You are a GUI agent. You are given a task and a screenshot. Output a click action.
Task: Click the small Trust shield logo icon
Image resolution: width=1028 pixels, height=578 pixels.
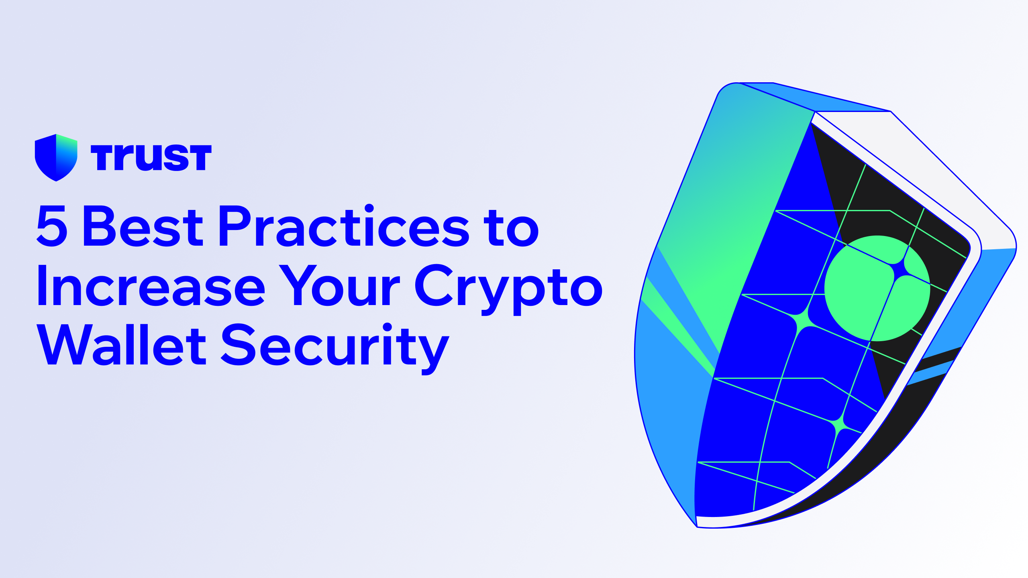tap(56, 157)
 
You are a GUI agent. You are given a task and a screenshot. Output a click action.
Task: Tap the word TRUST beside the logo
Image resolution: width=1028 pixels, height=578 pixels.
tap(151, 157)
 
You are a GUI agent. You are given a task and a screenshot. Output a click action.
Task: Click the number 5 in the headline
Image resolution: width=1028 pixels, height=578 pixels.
tap(52, 226)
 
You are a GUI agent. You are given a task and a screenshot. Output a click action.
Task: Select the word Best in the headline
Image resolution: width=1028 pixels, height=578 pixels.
tap(143, 226)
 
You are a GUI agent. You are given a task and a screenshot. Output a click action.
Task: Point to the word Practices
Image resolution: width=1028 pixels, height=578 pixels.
tap(344, 226)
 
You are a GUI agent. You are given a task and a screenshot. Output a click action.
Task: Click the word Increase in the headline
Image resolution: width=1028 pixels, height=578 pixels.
tap(151, 286)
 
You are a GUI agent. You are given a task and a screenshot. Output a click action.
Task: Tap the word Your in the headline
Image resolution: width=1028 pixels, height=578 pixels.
tap(340, 286)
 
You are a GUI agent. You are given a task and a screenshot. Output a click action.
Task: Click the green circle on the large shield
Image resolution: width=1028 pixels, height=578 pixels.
tap(877, 288)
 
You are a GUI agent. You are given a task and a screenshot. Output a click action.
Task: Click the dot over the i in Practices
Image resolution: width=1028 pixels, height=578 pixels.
tap(369, 208)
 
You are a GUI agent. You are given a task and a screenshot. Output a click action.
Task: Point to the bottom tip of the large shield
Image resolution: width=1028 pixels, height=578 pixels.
tap(697, 526)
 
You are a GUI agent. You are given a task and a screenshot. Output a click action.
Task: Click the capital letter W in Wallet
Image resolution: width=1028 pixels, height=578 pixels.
tap(64, 345)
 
